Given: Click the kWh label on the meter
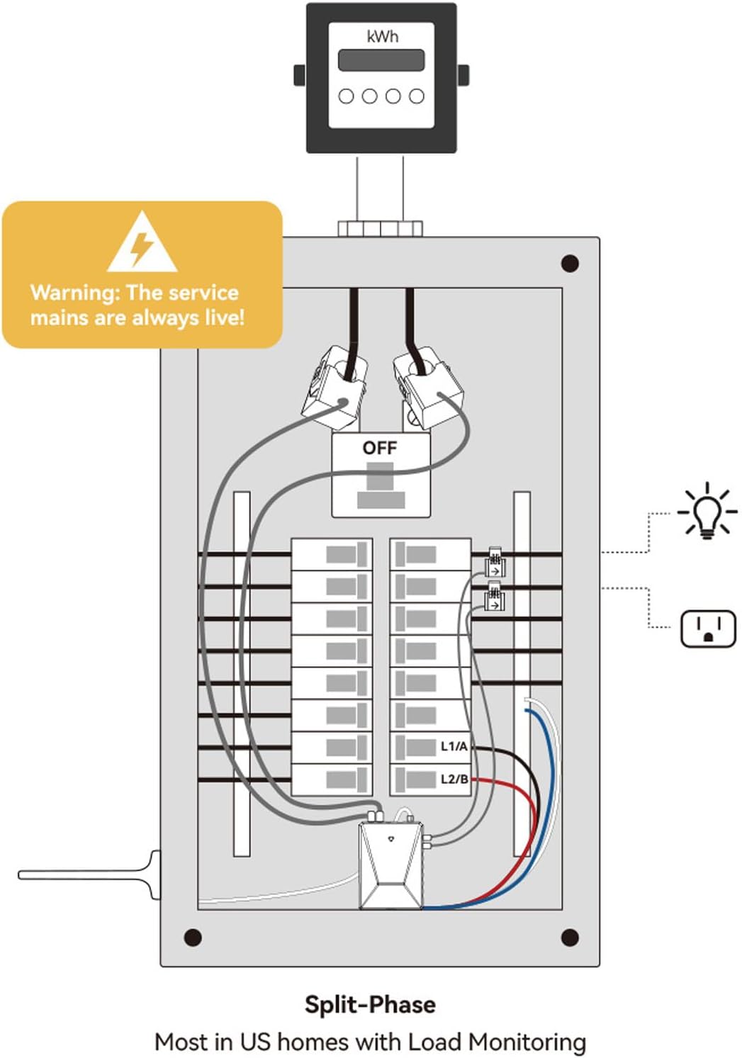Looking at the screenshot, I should [382, 36].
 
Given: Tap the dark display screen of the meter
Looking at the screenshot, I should [381, 60].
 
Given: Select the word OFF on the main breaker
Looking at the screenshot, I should [380, 448].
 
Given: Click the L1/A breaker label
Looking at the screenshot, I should [454, 746].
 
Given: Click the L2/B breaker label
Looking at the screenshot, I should [454, 779].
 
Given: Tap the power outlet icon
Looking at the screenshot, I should [708, 629].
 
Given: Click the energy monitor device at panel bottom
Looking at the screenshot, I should [390, 865].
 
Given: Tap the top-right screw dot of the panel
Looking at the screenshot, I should [570, 264].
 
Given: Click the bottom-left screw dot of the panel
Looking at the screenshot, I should [193, 938].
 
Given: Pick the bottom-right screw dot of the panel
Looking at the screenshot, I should [570, 938].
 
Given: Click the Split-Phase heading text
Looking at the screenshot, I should [370, 1004].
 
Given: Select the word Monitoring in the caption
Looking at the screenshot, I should [527, 1042].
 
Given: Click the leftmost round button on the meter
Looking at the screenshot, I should [347, 96].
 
